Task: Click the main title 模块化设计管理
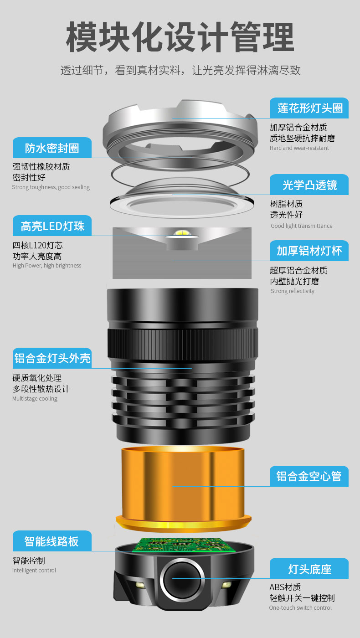[x=180, y=38]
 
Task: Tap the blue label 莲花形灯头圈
[x=309, y=108]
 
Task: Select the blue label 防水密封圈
[x=52, y=148]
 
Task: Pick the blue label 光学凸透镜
[x=309, y=185]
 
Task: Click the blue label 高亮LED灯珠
[x=52, y=226]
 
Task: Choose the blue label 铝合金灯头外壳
[x=52, y=358]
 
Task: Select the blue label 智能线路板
[x=52, y=541]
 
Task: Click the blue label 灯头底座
[x=309, y=569]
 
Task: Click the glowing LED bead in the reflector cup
[x=182, y=234]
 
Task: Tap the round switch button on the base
[x=181, y=579]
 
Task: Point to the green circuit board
[x=182, y=545]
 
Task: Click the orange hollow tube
[x=182, y=485]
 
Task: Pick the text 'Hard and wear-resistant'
[x=299, y=148]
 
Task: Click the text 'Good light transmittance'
[x=301, y=226]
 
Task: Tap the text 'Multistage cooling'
[x=35, y=399]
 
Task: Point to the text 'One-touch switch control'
[x=300, y=608]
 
